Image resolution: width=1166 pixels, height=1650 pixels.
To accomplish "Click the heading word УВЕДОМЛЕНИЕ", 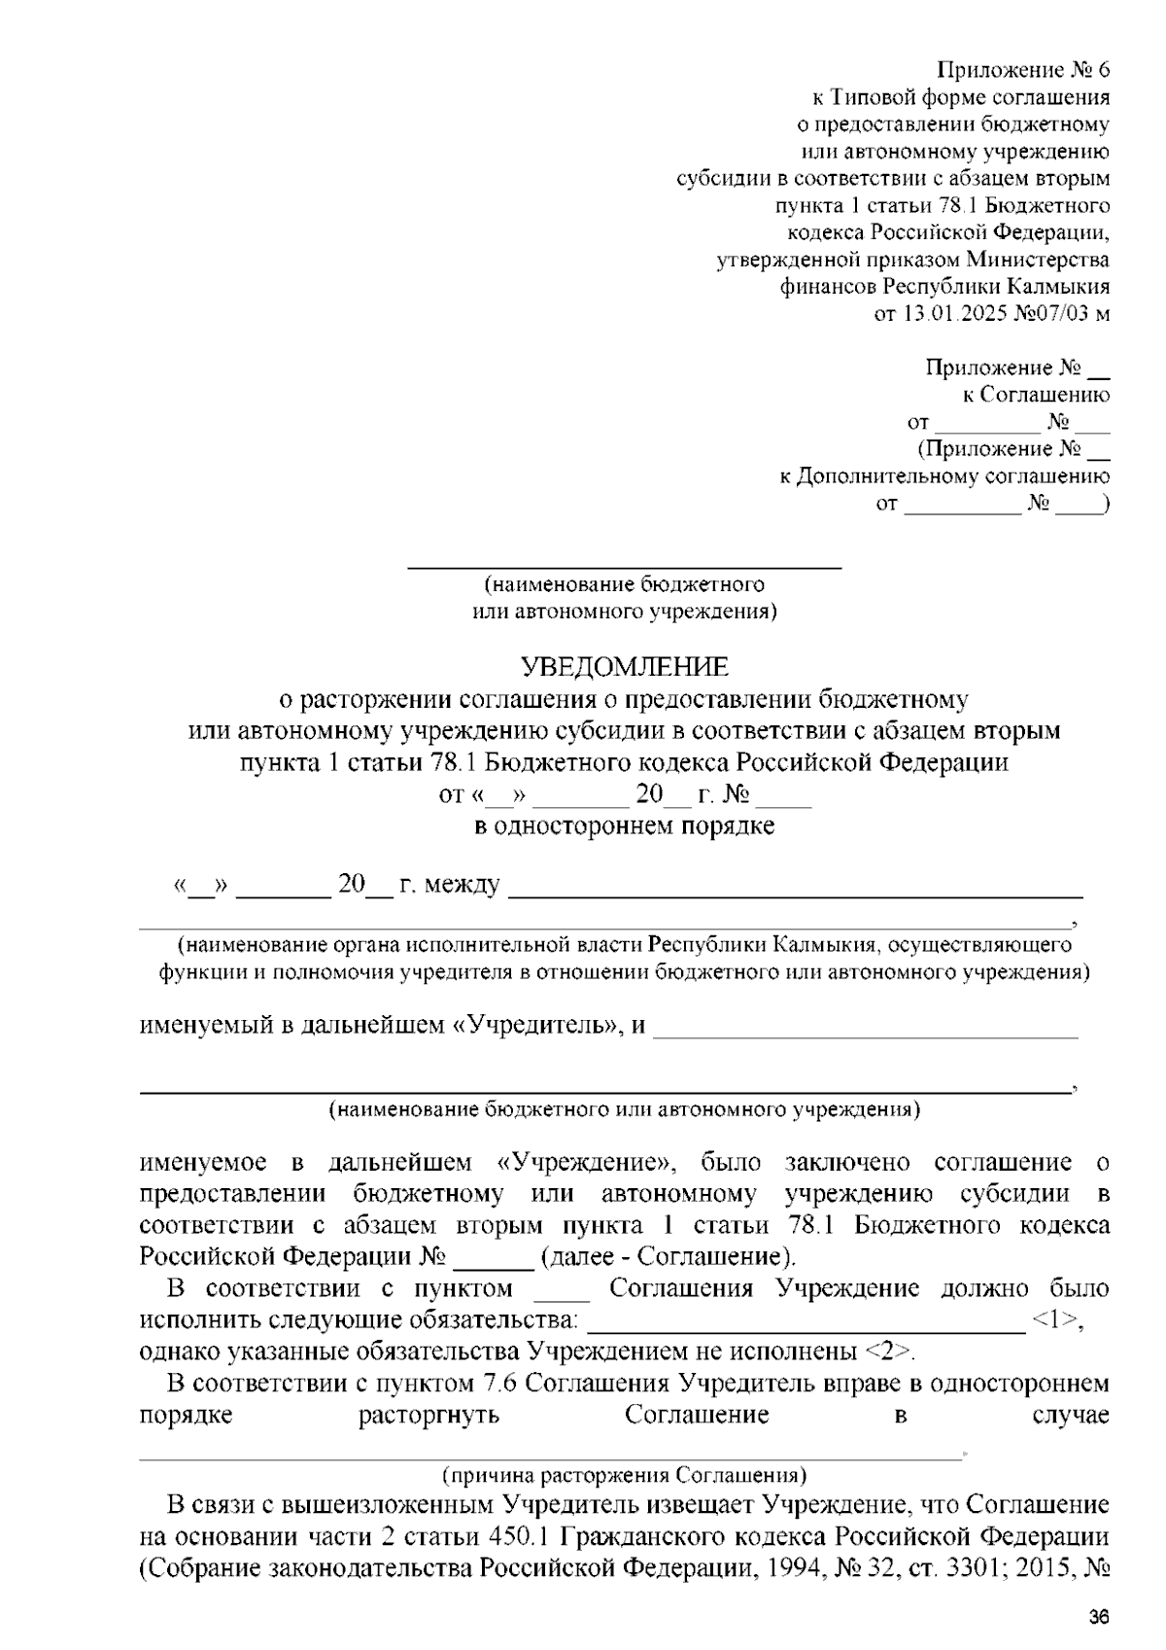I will point(624,667).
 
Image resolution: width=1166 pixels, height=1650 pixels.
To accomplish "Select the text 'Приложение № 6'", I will point(1022,70).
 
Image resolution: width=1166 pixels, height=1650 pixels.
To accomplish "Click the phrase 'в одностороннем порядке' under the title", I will point(624,826).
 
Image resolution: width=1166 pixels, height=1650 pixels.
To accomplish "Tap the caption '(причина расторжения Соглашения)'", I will point(624,1475).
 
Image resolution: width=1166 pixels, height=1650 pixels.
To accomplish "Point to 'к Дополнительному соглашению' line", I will point(945,476).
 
